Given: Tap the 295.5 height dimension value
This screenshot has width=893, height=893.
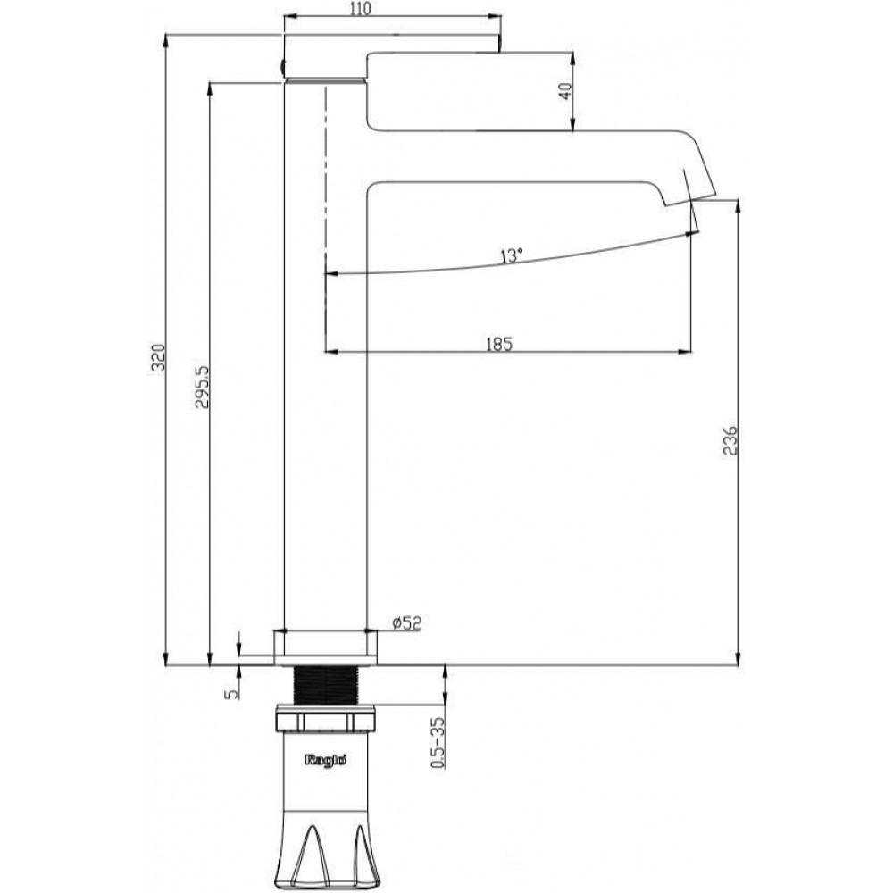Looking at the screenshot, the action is [202, 388].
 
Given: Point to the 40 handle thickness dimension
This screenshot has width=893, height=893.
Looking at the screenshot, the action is [564, 91].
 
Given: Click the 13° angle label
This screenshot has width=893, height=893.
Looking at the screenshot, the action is [511, 255].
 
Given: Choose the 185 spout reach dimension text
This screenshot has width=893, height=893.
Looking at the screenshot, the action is [499, 344].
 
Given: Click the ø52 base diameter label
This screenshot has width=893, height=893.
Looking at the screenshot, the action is [406, 623].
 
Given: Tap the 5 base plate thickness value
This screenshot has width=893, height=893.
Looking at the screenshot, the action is [230, 694].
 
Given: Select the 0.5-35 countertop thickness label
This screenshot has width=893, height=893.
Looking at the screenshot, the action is [438, 743].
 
